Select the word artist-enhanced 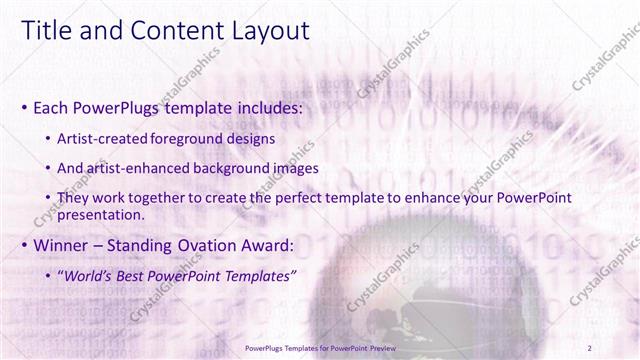click(x=138, y=168)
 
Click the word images click(x=294, y=168)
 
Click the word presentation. click(x=102, y=214)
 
